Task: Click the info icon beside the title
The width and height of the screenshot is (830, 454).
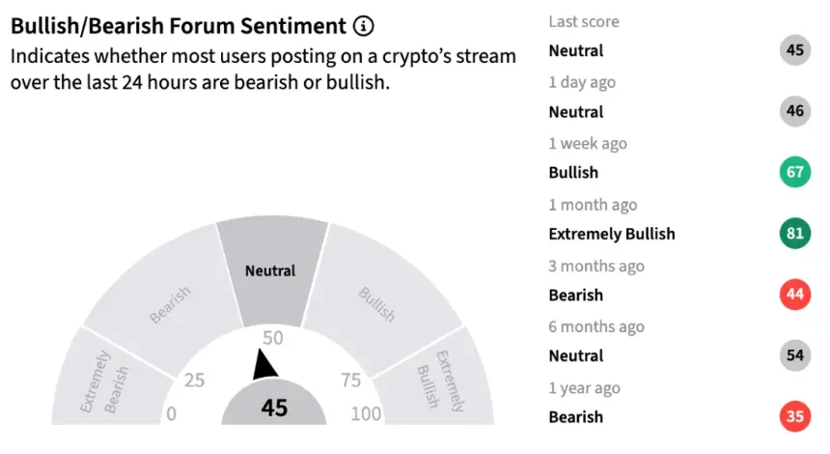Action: (363, 25)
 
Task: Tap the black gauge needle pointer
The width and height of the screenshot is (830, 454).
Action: (263, 364)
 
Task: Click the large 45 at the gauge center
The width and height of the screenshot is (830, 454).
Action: (274, 408)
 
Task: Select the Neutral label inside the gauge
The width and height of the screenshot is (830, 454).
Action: (270, 270)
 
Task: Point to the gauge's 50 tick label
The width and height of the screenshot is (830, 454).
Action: (273, 338)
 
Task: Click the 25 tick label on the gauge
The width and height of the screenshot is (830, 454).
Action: (194, 380)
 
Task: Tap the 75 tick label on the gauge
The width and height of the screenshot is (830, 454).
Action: (350, 380)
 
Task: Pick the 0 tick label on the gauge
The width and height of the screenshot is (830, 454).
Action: (171, 413)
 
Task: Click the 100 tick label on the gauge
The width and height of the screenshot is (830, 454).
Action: (366, 413)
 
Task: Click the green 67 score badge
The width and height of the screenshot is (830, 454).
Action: (795, 172)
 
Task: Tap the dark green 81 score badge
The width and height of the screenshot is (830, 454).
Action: (795, 233)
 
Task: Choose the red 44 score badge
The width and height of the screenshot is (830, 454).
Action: (795, 294)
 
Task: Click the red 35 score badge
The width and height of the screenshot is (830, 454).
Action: (795, 416)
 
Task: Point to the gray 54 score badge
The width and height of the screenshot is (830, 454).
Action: (795, 355)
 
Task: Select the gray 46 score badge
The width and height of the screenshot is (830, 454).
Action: (795, 111)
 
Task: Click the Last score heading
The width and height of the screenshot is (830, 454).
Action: (584, 21)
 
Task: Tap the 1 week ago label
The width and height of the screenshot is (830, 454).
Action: (588, 144)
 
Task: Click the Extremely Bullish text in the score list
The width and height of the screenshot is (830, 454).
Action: (612, 234)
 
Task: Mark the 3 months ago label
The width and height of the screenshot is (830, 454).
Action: (596, 266)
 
